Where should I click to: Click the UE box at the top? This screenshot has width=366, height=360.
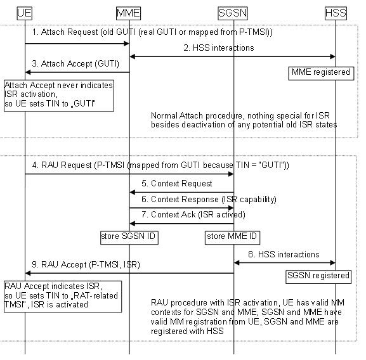pos(25,13)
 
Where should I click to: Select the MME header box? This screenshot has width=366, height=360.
pos(129,13)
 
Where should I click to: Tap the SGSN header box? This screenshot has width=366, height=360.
pos(233,13)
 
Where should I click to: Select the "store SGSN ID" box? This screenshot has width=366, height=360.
pos(129,238)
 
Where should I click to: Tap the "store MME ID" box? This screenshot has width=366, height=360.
pos(232,238)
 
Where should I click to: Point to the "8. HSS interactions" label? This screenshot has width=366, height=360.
pos(283,254)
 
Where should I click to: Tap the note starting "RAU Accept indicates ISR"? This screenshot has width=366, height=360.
pos(62,295)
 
